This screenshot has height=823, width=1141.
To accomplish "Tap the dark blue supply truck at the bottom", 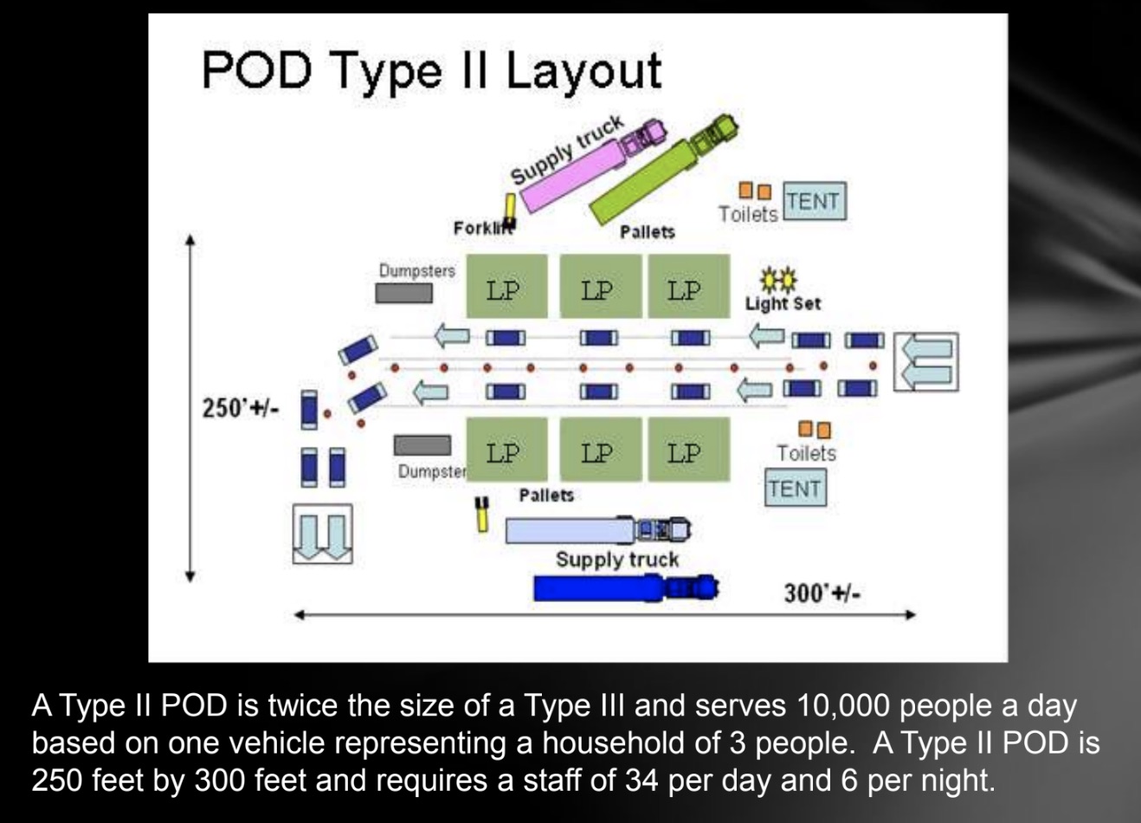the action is click(x=627, y=588).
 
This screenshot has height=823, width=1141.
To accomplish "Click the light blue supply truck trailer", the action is click(x=570, y=530).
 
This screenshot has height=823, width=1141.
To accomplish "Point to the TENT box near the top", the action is click(x=815, y=201).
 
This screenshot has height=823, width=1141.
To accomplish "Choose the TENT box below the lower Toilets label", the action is click(x=795, y=488).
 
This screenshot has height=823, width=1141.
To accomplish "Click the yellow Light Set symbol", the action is click(x=779, y=278).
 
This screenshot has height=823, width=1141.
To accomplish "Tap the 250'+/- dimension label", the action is click(x=241, y=408).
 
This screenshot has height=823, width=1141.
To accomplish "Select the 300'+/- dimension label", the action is click(x=822, y=593).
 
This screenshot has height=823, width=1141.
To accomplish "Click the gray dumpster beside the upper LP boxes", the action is click(x=404, y=293).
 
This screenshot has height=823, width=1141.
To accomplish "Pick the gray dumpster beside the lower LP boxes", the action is click(x=422, y=445).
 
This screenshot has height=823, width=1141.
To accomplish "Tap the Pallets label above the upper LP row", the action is click(x=648, y=232).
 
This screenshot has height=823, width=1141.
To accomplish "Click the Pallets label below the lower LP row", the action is click(x=546, y=496).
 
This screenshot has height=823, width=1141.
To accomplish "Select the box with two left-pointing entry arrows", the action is click(x=926, y=362).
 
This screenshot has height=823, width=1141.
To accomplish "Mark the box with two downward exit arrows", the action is click(x=322, y=534).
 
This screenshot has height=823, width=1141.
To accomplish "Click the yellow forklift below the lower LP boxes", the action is click(x=481, y=514).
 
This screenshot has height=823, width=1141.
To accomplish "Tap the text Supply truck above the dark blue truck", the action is click(x=617, y=560).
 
